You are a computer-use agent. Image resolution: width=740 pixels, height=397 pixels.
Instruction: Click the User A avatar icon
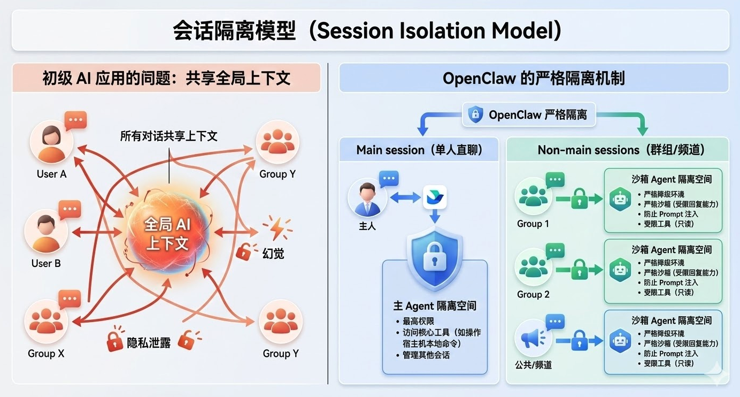(52, 141)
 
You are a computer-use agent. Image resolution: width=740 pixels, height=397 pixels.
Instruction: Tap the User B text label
(46, 263)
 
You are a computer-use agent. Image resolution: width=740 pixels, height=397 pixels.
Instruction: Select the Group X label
(46, 354)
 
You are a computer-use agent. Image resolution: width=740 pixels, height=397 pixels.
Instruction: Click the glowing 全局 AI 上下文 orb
(167, 234)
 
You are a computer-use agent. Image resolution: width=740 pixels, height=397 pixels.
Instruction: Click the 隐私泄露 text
(149, 343)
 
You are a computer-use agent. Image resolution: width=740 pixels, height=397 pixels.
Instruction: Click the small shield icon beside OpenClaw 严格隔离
(475, 114)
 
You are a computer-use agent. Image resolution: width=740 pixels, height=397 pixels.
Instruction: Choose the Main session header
(419, 150)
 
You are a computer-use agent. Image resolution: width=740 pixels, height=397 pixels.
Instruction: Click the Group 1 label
(533, 224)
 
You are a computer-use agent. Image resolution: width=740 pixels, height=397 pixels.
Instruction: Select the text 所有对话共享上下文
(169, 136)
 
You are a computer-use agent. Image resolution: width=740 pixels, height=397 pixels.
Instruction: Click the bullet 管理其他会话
(426, 355)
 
